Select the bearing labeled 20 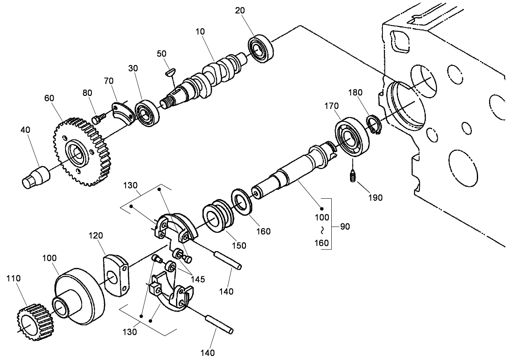point(261,48)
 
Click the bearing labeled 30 point(147,113)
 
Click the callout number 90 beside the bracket point(345,227)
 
